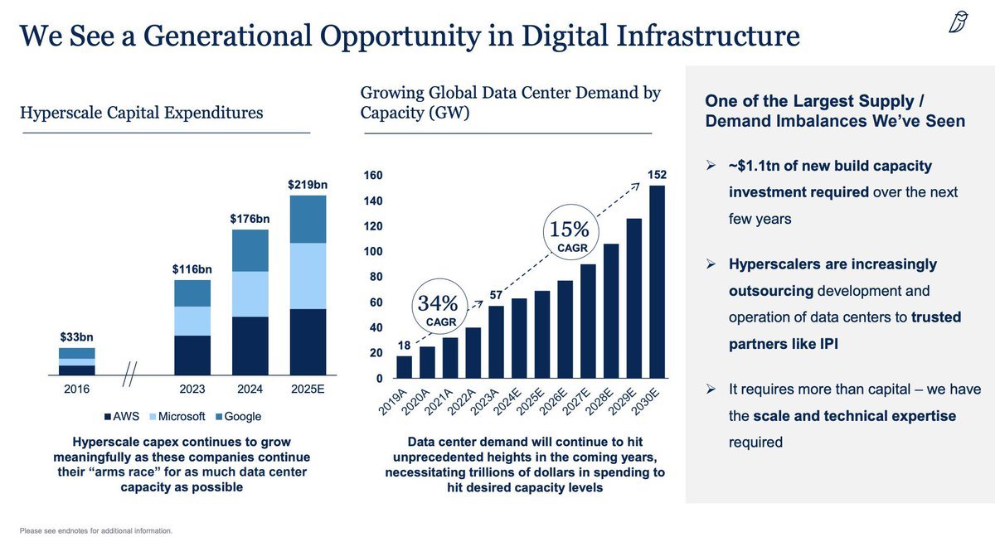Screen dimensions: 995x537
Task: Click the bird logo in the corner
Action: pyautogui.click(x=959, y=22)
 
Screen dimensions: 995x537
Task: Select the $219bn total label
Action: pyautogui.click(x=308, y=185)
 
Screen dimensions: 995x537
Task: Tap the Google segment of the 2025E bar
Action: pyautogui.click(x=308, y=220)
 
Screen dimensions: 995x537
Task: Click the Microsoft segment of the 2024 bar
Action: pyautogui.click(x=250, y=294)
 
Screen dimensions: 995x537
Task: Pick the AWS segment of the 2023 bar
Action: pyautogui.click(x=192, y=355)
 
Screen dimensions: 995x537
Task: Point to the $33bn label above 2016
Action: pyautogui.click(x=76, y=336)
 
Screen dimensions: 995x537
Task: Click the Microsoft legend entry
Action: pyautogui.click(x=177, y=416)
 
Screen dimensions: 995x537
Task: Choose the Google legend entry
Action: pyautogui.click(x=238, y=416)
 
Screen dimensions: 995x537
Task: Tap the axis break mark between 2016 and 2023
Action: pyautogui.click(x=129, y=374)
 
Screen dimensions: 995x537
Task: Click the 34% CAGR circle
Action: pyautogui.click(x=439, y=278)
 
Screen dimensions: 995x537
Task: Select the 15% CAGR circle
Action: pyautogui.click(x=571, y=205)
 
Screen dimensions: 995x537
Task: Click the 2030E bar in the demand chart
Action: pyautogui.click(x=657, y=282)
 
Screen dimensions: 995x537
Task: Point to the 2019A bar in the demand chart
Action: pyautogui.click(x=405, y=367)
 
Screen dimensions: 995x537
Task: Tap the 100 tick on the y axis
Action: pyautogui.click(x=373, y=252)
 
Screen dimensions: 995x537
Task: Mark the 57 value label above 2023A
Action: pyautogui.click(x=496, y=295)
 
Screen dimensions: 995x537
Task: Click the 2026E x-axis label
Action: pyautogui.click(x=553, y=402)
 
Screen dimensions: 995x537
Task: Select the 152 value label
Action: pyautogui.click(x=657, y=175)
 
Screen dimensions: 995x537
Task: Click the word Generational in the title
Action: pyautogui.click(x=227, y=36)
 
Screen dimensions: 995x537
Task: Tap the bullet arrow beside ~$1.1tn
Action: pyautogui.click(x=711, y=166)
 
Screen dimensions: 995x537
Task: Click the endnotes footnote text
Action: pyautogui.click(x=96, y=531)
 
